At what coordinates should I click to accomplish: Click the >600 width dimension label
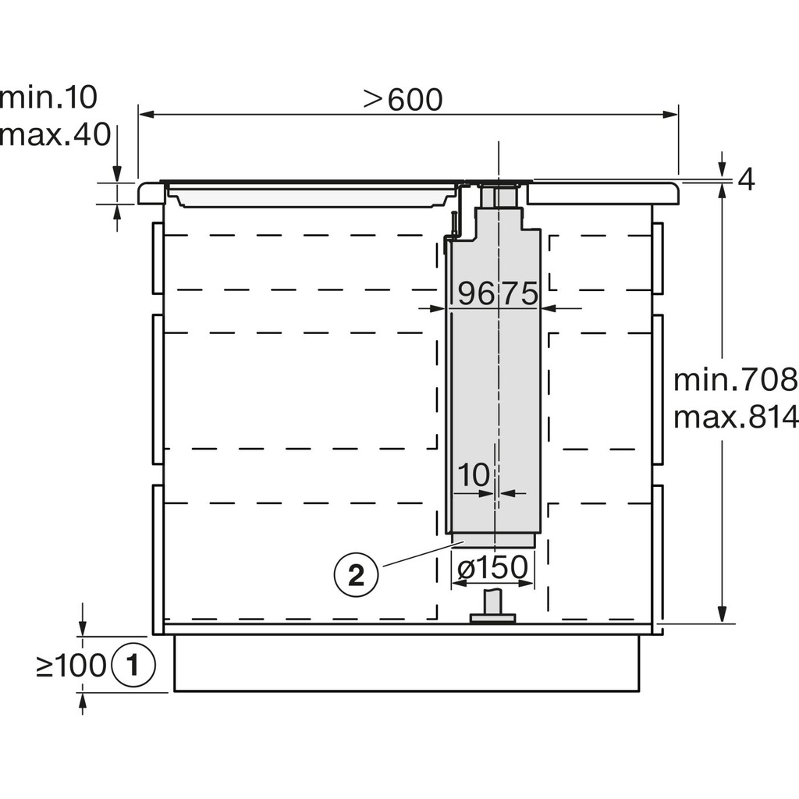pos(403,100)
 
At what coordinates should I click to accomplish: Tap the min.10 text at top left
pos(48,98)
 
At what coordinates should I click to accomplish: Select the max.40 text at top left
pos(55,135)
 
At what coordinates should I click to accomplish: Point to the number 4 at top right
pos(746,180)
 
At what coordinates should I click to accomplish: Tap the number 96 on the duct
pos(476,293)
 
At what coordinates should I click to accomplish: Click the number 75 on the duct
pos(518,293)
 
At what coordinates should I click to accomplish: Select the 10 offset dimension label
pos(474,474)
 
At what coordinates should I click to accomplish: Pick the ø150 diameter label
pos(492,568)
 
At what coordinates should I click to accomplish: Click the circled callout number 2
pos(356,577)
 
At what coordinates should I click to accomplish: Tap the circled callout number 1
pos(133,666)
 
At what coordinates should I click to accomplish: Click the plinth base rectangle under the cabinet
pos(406,662)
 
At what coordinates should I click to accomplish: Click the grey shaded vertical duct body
pos(493,390)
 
